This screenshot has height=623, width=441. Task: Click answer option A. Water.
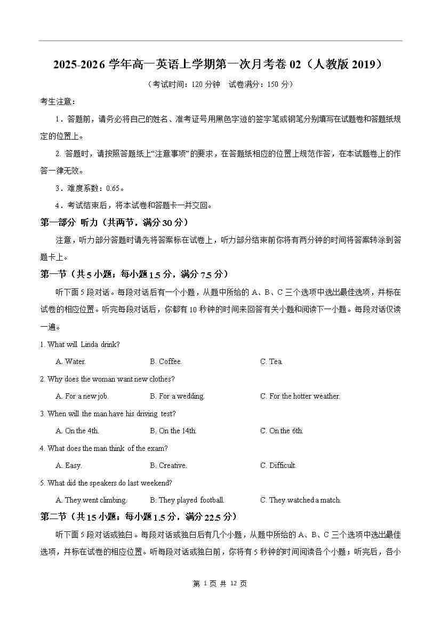(70, 362)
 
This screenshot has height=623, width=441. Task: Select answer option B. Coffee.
(166, 362)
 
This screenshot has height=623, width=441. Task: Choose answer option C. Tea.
(271, 362)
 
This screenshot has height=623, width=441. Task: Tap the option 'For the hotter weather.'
(300, 397)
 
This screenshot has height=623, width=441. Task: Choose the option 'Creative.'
(169, 466)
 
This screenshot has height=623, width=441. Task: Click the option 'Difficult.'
(278, 466)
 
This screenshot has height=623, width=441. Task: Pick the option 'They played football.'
(187, 500)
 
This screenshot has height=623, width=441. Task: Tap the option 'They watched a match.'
(300, 500)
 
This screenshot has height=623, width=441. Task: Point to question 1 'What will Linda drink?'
(80, 345)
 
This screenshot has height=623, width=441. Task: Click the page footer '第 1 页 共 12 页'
(220, 584)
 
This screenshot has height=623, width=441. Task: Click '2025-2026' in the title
(79, 65)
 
